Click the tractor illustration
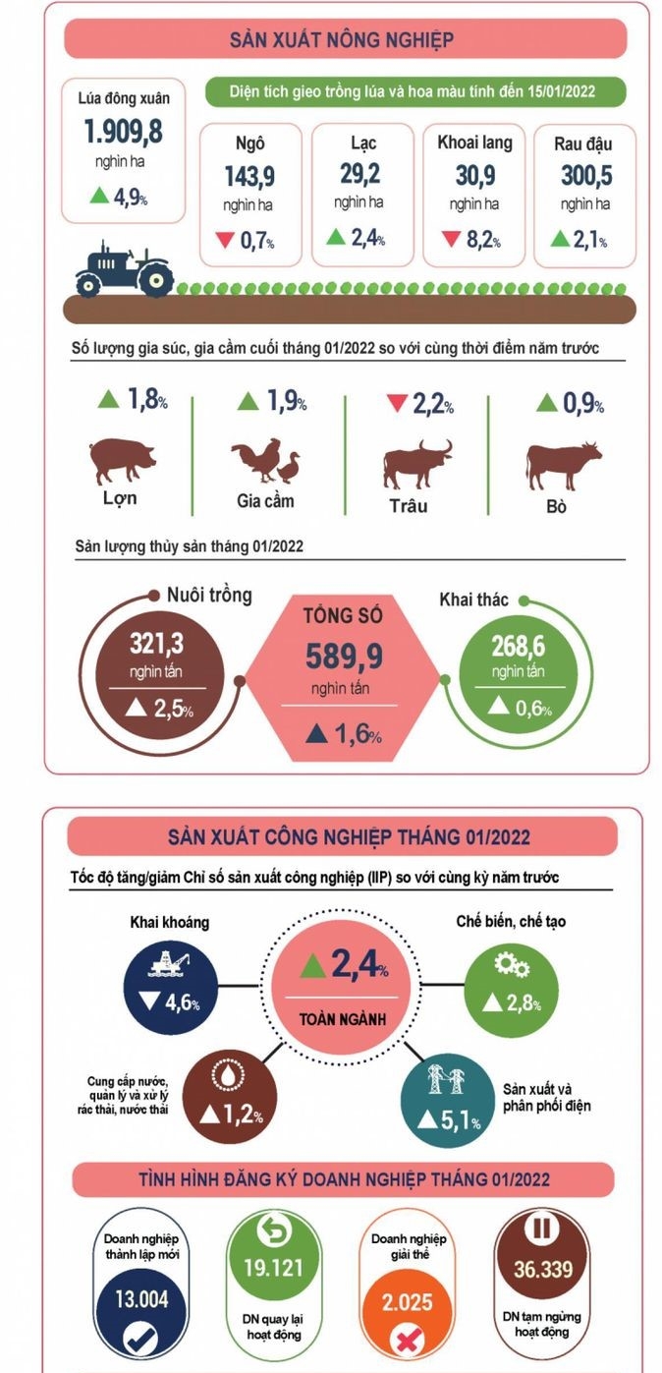(x=125, y=268)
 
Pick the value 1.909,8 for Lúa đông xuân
(x=123, y=131)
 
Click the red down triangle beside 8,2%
(x=452, y=238)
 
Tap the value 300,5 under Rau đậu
(x=586, y=175)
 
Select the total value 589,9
(x=344, y=656)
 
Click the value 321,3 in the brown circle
(x=156, y=644)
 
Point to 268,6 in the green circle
(x=518, y=646)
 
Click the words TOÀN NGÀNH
(x=343, y=1019)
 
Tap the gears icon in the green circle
(x=512, y=965)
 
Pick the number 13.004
(x=141, y=1299)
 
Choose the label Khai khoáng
(x=170, y=923)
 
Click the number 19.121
(x=273, y=1267)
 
